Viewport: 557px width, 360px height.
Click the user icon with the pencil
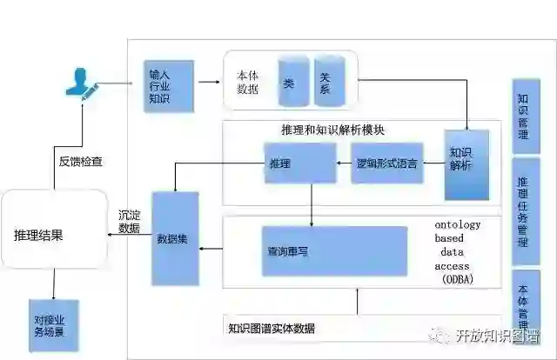point(80,86)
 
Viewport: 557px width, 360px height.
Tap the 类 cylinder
point(289,83)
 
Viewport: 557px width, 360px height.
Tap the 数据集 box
point(175,238)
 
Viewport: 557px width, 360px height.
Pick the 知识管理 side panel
point(524,116)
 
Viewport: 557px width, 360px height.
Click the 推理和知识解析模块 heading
point(333,130)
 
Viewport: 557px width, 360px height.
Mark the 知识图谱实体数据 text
point(271,328)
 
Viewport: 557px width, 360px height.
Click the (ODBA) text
point(453,278)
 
